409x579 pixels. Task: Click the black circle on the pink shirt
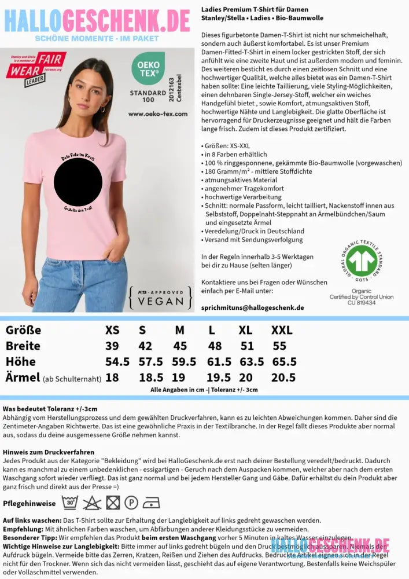[x=78, y=183]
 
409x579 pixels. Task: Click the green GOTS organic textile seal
[x=362, y=261]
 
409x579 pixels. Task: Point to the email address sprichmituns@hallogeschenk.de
[x=252, y=307]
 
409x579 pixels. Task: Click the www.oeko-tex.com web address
[x=157, y=114]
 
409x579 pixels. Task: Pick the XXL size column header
[x=282, y=330]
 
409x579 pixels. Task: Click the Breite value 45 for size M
[x=180, y=346]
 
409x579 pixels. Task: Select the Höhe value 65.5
[x=284, y=362]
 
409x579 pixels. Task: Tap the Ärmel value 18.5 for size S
[x=146, y=378]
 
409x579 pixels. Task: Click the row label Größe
[x=23, y=330]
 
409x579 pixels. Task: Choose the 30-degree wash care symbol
[x=70, y=502]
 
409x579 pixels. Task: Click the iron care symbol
[x=151, y=502]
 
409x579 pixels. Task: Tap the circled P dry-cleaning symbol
[x=131, y=502]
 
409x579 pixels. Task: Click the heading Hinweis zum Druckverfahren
[x=48, y=452]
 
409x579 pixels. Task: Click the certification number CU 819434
[x=362, y=303]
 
